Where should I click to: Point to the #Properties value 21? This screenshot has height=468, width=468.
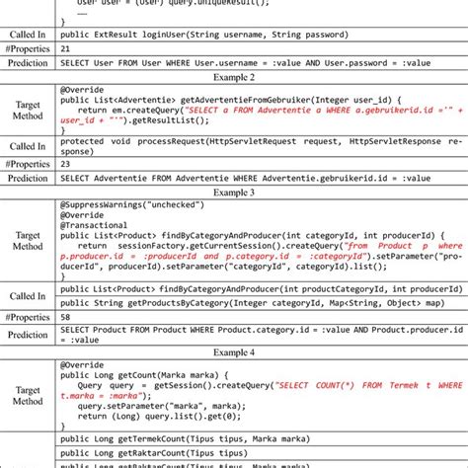click(65, 46)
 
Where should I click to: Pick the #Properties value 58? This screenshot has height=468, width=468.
click(65, 317)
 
